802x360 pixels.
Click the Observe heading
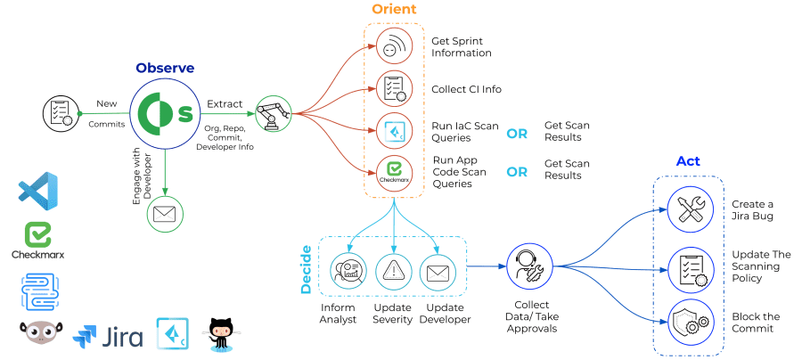pos(165,68)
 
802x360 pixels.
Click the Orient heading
pos(394,10)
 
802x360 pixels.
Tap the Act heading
pos(688,161)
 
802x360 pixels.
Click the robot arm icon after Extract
pos(273,113)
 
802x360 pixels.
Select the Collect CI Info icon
pos(393,88)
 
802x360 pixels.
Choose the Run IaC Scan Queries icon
pos(393,132)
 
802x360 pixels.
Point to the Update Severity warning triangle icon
pos(393,271)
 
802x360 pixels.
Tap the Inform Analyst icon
pos(348,271)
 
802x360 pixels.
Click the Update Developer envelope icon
pos(438,271)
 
